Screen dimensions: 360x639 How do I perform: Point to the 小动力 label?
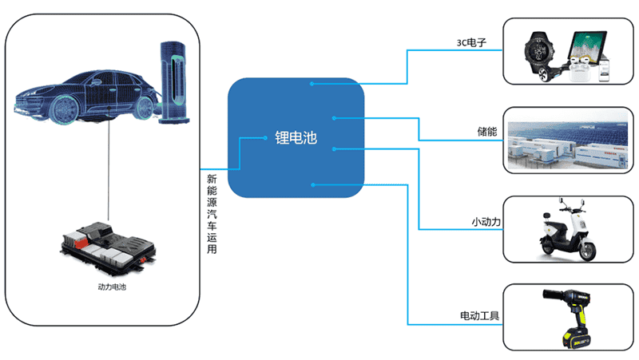[486, 220]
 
